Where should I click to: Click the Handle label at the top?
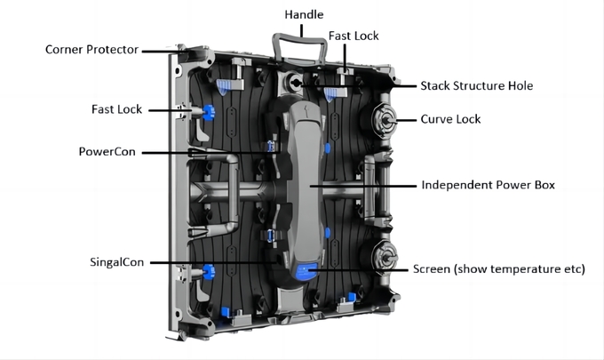pyautogui.click(x=304, y=14)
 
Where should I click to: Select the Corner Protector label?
pyautogui.click(x=91, y=50)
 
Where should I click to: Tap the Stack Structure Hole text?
pyautogui.click(x=476, y=85)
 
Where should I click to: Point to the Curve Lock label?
pyautogui.click(x=450, y=119)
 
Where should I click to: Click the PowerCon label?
pyautogui.click(x=107, y=152)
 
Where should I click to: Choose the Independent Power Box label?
pyautogui.click(x=488, y=185)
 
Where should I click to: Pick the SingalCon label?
pyautogui.click(x=116, y=262)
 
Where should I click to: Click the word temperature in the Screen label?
pyautogui.click(x=524, y=269)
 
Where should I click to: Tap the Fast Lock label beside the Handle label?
pyautogui.click(x=354, y=36)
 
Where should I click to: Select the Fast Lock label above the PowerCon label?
pyautogui.click(x=116, y=109)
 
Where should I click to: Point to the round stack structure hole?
pyautogui.click(x=296, y=82)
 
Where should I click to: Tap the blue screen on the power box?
pyautogui.click(x=306, y=272)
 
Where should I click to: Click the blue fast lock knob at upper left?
pyautogui.click(x=209, y=113)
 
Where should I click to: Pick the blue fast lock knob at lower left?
pyautogui.click(x=209, y=272)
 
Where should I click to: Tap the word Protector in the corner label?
pyautogui.click(x=113, y=50)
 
